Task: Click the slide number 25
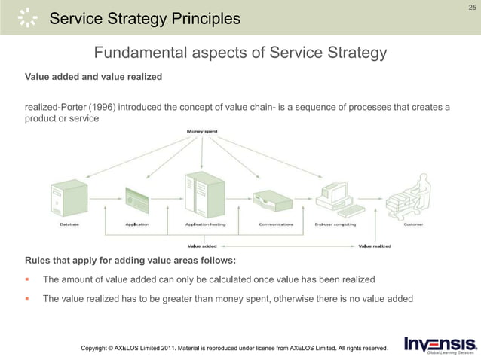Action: [472, 7]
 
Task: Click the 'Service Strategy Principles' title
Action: [145, 18]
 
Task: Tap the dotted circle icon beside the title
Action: [27, 17]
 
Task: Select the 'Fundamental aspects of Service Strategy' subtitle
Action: [240, 53]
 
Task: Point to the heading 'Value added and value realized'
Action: [93, 77]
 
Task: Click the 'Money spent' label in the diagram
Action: [202, 133]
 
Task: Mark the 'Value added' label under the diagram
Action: [202, 245]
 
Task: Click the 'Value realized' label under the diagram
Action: [375, 245]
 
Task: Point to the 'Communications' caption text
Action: [276, 224]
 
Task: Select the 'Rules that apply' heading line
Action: [130, 261]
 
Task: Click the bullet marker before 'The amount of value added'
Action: [28, 279]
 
